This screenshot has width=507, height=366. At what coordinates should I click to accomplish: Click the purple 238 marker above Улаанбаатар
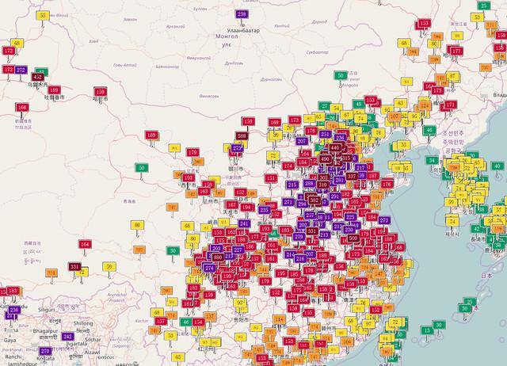click(x=242, y=14)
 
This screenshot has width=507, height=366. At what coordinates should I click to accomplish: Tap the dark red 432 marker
click(x=38, y=77)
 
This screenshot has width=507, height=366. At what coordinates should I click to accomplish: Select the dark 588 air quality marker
click(x=242, y=136)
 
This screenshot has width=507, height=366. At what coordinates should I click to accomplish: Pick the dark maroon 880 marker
click(x=218, y=257)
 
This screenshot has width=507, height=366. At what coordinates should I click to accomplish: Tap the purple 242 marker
click(x=68, y=337)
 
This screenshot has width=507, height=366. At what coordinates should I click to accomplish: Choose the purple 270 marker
click(x=45, y=350)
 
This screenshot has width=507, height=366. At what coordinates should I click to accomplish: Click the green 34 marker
click(x=433, y=161)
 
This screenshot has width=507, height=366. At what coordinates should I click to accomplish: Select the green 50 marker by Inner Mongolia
click(x=341, y=75)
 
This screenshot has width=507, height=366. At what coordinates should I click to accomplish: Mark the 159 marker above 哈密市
click(x=100, y=91)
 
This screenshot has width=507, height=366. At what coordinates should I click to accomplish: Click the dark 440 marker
click(x=336, y=147)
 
